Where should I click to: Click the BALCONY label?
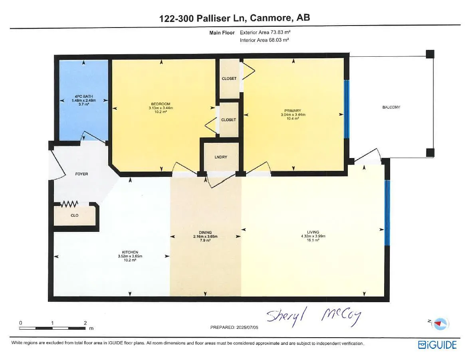(391, 107)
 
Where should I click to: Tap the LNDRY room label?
(221, 157)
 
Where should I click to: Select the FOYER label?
(81, 174)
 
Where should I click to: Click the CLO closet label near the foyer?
(75, 216)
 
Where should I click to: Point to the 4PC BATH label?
(83, 96)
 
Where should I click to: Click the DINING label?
(205, 232)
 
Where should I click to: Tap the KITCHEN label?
(130, 252)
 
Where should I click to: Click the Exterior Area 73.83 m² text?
(268, 33)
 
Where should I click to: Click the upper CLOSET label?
(229, 79)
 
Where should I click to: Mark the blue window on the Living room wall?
(387, 213)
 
